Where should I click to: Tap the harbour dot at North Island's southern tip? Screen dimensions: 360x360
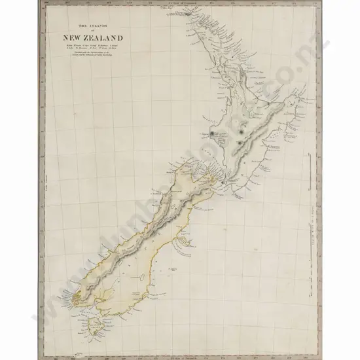click(223, 181)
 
